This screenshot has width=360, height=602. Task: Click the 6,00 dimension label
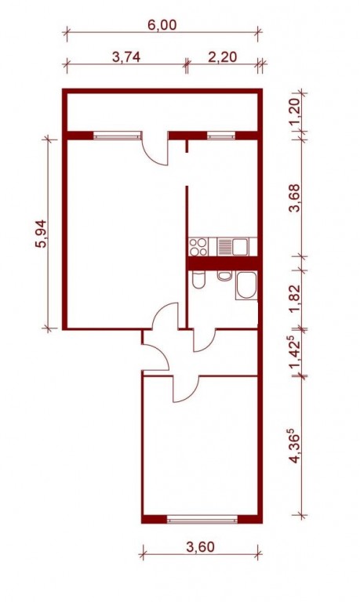[162, 25]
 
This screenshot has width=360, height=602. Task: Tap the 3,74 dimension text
[126, 57]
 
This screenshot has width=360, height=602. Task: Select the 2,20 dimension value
[223, 57]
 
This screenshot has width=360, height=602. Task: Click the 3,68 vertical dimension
[296, 198]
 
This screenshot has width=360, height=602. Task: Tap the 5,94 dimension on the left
[41, 234]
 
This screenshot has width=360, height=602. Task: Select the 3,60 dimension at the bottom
[200, 546]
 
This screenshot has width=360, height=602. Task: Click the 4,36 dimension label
[296, 448]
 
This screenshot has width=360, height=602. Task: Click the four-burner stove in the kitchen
[198, 247]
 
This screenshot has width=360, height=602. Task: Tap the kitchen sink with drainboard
[233, 246]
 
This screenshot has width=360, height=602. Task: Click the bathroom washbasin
[224, 275]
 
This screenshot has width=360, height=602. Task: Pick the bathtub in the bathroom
[246, 285]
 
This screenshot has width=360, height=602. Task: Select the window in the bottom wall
[202, 519]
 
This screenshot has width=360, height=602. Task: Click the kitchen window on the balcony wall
[221, 136]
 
